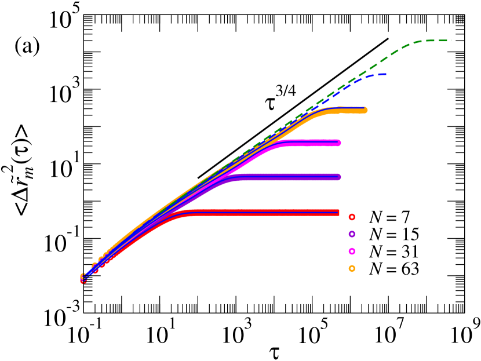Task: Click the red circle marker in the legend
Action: [352, 217]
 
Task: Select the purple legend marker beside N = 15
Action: [352, 234]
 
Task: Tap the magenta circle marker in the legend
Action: [352, 251]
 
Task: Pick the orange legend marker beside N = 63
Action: [352, 269]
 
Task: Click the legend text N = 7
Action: [389, 217]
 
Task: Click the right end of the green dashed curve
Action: [451, 41]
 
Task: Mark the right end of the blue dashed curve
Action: [387, 74]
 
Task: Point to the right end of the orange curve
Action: [365, 110]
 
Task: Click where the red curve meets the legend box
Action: [339, 213]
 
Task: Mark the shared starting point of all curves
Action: [83, 279]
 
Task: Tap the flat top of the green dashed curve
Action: [429, 41]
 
